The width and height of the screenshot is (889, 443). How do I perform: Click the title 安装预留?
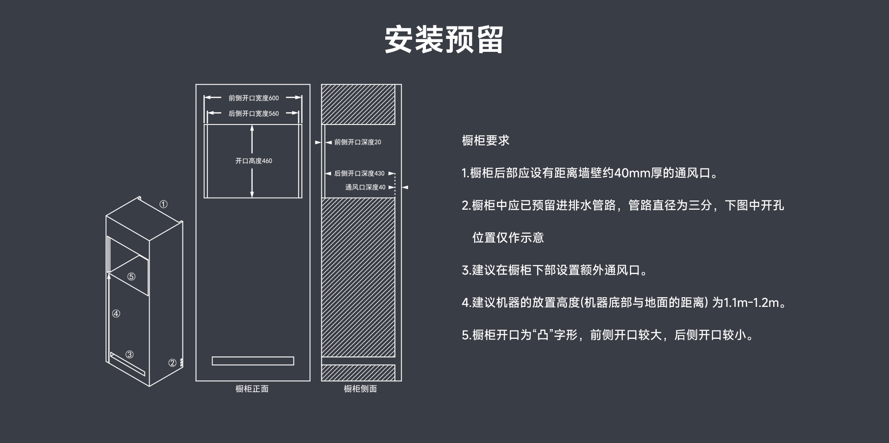point(444,39)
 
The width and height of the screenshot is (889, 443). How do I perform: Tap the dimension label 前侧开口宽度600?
point(253,98)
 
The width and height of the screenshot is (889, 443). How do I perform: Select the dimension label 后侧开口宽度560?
point(253,113)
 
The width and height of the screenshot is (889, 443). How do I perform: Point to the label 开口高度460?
point(253,161)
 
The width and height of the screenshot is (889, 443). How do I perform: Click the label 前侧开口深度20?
point(357,142)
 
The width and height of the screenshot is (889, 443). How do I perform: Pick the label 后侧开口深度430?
point(359,174)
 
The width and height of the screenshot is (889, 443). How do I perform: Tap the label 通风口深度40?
point(365,187)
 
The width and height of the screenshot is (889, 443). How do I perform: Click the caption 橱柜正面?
point(252,389)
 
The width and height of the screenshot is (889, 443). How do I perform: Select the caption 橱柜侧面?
point(360,389)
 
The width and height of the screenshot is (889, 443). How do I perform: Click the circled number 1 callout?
point(163,204)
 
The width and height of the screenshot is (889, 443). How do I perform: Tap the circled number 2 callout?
point(172,363)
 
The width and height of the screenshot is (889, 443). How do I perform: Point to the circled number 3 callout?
point(130,355)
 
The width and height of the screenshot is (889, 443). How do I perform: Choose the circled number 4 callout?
point(116,314)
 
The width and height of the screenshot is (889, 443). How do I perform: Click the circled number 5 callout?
point(131,277)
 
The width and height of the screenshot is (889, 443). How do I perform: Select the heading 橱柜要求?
point(485,141)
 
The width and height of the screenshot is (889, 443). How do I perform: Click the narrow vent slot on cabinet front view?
point(253,361)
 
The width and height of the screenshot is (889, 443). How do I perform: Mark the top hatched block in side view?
point(358,105)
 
